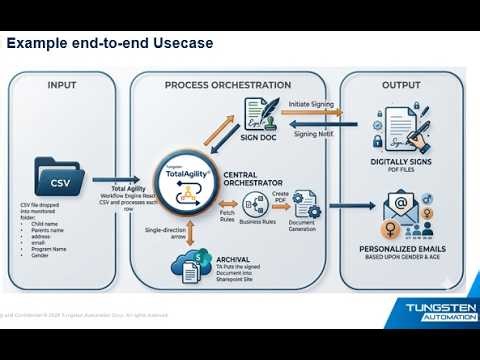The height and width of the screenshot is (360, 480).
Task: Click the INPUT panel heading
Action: [61, 85]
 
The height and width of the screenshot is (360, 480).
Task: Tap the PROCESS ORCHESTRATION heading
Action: [227, 85]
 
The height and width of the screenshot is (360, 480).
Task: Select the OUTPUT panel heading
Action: [400, 85]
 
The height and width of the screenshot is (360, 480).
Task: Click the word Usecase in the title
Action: [186, 45]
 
